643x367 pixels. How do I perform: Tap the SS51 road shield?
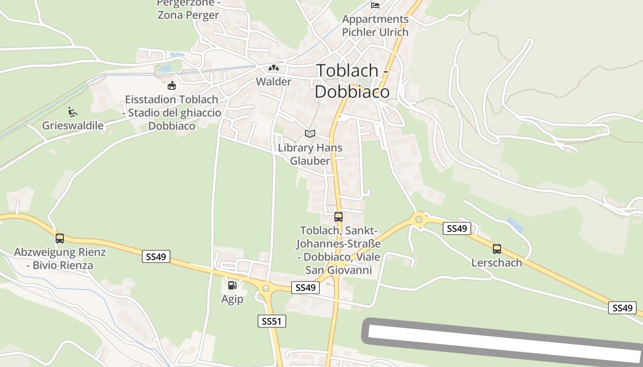point(271,321)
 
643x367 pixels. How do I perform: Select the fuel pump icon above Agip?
point(232,285)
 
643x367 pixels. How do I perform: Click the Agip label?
point(232,300)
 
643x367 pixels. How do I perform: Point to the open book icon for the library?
point(310,133)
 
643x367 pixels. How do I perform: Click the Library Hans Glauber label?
point(310,154)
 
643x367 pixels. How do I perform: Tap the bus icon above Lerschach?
point(497,249)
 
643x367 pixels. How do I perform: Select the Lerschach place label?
point(496,263)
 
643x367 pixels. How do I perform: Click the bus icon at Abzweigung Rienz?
point(60,239)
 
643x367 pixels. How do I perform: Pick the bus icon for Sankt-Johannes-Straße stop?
point(338,217)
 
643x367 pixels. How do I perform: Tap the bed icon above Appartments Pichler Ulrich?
point(375,6)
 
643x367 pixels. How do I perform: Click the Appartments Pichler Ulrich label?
point(375,26)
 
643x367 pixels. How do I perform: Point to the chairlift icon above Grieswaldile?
point(73,111)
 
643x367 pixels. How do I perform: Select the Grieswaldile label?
point(73,125)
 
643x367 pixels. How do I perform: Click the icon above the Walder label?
point(274,68)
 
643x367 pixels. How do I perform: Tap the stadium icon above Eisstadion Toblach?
point(172,85)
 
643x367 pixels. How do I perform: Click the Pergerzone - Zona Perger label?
point(188,9)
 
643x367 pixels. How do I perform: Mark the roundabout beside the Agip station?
point(265,288)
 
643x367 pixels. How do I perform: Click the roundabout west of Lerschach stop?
point(418,219)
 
